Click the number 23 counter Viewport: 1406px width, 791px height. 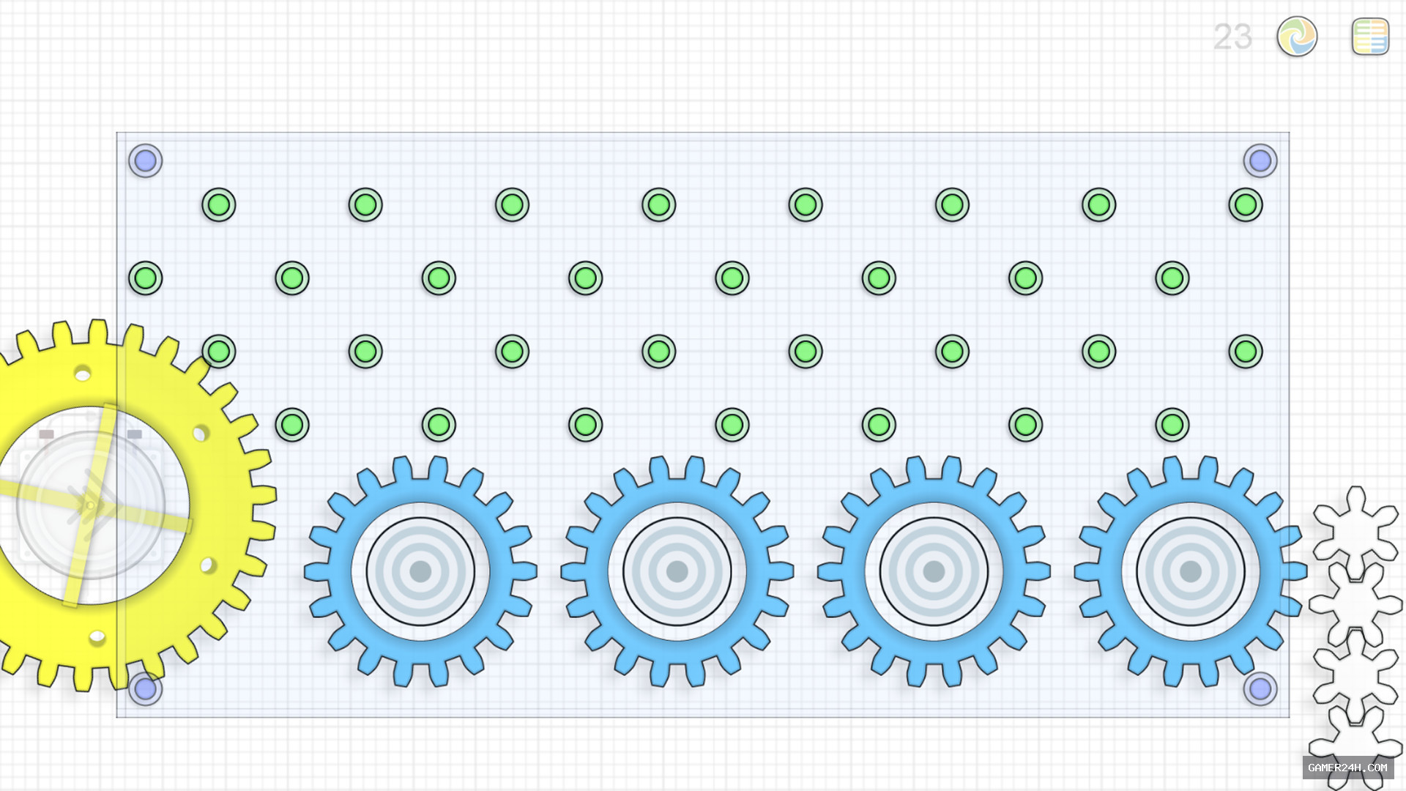(1232, 37)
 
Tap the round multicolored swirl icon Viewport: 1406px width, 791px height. (1297, 37)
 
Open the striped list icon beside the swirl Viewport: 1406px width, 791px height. (1370, 37)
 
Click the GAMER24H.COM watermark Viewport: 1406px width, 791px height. (1347, 768)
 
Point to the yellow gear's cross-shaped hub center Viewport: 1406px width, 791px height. (90, 505)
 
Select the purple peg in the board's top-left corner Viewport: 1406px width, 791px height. (146, 160)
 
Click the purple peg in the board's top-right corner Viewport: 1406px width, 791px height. (1260, 160)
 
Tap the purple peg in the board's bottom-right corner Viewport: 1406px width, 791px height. (1260, 688)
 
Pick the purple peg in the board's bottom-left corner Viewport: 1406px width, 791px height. (146, 688)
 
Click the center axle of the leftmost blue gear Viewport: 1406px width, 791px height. (420, 571)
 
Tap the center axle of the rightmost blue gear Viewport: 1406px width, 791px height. (1191, 571)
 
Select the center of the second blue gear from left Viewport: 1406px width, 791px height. (677, 571)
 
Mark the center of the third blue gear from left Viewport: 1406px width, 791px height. (934, 571)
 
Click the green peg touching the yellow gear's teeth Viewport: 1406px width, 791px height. (219, 352)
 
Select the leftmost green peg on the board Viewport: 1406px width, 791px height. (146, 278)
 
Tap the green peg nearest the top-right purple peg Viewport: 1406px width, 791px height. (1246, 205)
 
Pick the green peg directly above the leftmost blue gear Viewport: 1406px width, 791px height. (439, 425)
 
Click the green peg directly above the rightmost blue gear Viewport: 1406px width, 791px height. (1172, 425)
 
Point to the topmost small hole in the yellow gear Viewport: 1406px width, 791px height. (83, 375)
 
